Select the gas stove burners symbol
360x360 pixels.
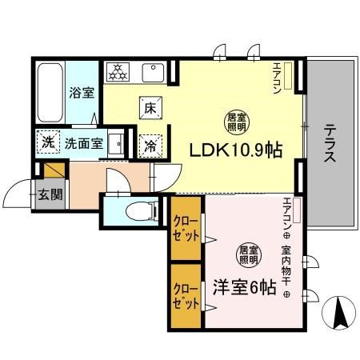coord(118,72)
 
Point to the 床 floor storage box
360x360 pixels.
coord(149,107)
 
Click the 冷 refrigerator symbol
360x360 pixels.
coord(150,145)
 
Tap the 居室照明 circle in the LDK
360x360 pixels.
coord(235,122)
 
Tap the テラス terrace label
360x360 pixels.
coord(330,144)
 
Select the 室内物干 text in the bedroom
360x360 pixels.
coord(286,268)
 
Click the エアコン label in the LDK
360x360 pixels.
coord(277,78)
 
